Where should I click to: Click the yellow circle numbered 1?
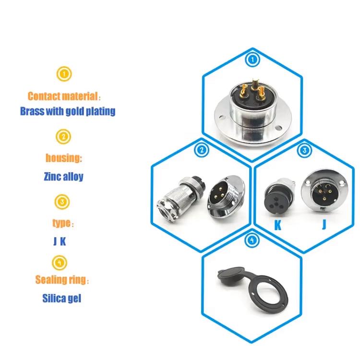pos(64,74)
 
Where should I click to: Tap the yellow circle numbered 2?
pos(63,137)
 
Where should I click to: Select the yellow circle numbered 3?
pos(62,202)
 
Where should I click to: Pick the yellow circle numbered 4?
pos(60,263)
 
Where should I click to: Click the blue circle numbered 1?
pos(252,60)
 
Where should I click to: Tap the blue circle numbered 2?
pos(202,150)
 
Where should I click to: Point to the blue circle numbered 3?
pos(304,150)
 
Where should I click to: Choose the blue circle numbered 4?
pos(252,240)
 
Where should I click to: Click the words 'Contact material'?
pos(63,96)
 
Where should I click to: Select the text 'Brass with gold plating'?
pos(68,111)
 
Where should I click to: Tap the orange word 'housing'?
pos(63,158)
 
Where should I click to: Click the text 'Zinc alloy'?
pos(63,177)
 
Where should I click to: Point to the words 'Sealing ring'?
pos(60,280)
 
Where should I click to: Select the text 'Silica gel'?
pos(62,298)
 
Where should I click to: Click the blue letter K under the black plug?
pos(278,225)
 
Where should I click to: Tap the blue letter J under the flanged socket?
pos(324,224)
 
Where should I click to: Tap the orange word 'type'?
pos(61,223)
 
